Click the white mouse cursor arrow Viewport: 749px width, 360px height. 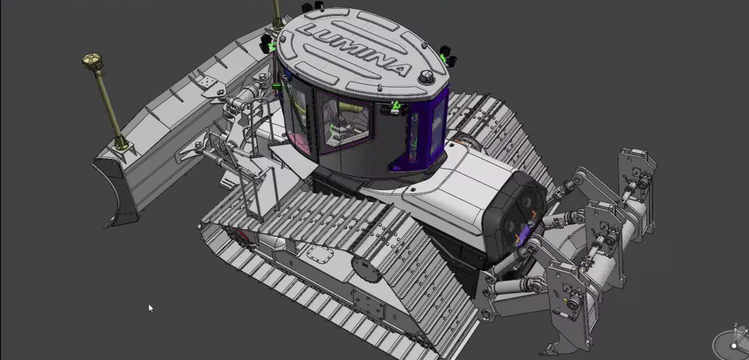[150, 308]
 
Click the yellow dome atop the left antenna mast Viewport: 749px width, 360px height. [92, 61]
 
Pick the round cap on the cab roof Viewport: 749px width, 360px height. [427, 77]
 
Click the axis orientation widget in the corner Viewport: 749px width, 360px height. [732, 344]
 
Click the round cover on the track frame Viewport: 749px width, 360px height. [367, 270]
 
